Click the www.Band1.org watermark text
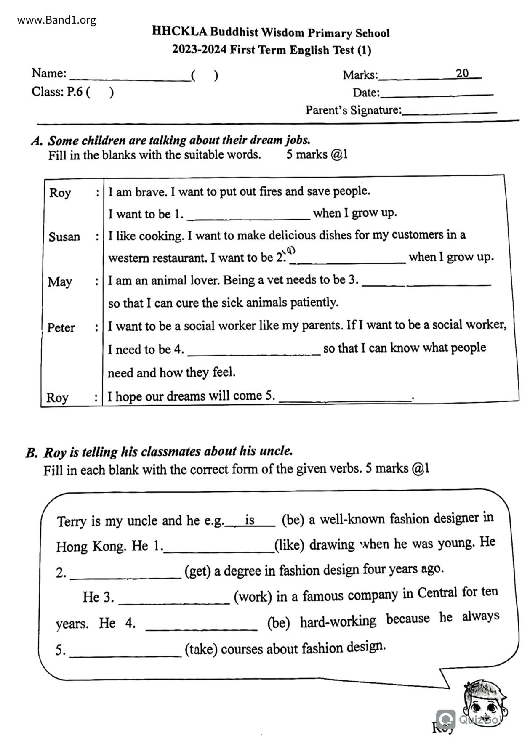[57, 20]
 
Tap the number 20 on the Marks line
[462, 73]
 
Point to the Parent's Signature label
[353, 110]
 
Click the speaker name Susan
[64, 236]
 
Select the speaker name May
[60, 281]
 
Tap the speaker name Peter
[61, 327]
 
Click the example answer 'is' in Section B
[250, 520]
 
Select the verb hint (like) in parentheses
[289, 545]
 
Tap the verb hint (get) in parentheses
[197, 571]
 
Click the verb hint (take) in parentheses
[201, 649]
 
